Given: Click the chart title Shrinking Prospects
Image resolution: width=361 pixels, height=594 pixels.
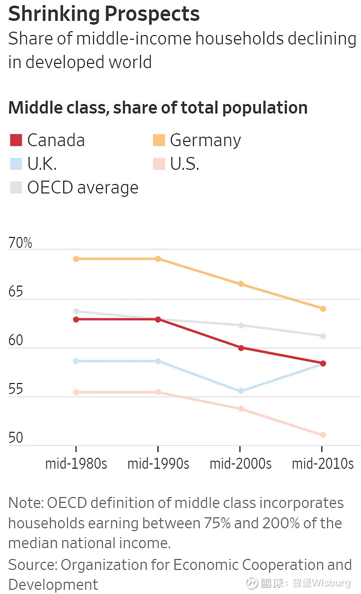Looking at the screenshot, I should pos(104,14).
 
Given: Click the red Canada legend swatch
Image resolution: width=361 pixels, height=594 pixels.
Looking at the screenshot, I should pos(16,140).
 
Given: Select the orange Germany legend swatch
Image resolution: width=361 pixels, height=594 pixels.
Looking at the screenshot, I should pos(159,140).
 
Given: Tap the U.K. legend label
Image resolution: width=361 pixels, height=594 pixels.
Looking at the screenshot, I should pos(42,164).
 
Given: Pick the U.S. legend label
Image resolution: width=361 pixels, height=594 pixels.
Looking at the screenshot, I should pos(184,164).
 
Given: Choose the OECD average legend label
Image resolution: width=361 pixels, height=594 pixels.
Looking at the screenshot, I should pos(83,188).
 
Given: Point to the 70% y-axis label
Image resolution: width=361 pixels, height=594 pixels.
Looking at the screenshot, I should pos(20,243).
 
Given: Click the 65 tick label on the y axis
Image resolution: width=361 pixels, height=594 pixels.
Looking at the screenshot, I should pos(16,292).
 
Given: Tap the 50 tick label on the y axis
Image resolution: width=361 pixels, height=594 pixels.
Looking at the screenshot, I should pos(16,437).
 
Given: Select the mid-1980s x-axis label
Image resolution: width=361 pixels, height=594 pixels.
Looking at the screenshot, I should pos(76,463).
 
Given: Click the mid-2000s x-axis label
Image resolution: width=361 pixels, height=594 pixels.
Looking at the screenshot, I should pos(241,463).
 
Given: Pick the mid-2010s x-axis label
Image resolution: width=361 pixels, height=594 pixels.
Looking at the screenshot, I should pos(323,463).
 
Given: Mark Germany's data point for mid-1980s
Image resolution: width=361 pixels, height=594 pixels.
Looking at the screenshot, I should pos(76,259).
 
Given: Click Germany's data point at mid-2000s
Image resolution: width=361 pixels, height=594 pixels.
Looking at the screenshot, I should pos(241,284).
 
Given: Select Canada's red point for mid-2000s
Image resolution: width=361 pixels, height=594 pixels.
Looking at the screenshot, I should pos(241,348).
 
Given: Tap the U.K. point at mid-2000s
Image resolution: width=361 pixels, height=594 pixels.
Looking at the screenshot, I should pos(241,391).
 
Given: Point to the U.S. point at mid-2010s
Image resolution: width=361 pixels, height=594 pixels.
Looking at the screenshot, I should pos(323,435).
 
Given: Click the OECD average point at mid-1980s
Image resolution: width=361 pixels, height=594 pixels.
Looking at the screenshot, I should pos(76,311).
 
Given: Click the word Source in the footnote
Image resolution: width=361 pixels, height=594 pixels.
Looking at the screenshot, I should pos(32,565).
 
